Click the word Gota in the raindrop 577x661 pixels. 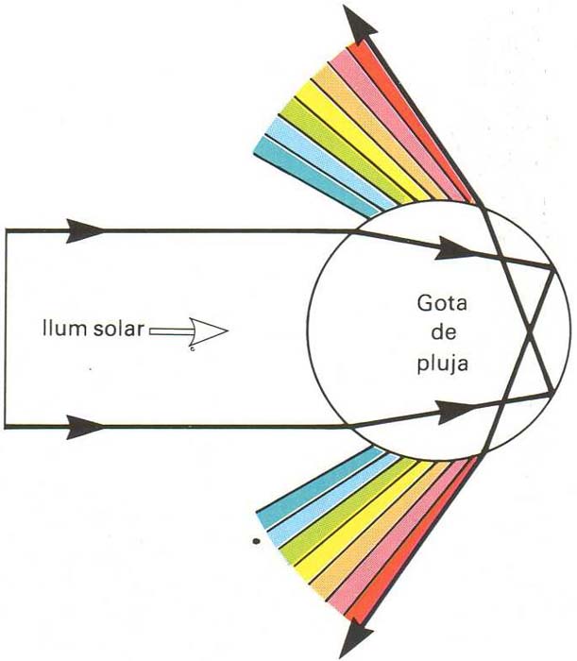(x=442, y=303)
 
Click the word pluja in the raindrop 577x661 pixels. (x=443, y=364)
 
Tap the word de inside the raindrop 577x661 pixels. (x=444, y=332)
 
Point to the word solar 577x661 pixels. (x=118, y=329)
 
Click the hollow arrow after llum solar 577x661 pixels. (x=189, y=330)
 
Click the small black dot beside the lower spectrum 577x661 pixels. (x=255, y=541)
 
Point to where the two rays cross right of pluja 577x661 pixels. (x=530, y=331)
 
